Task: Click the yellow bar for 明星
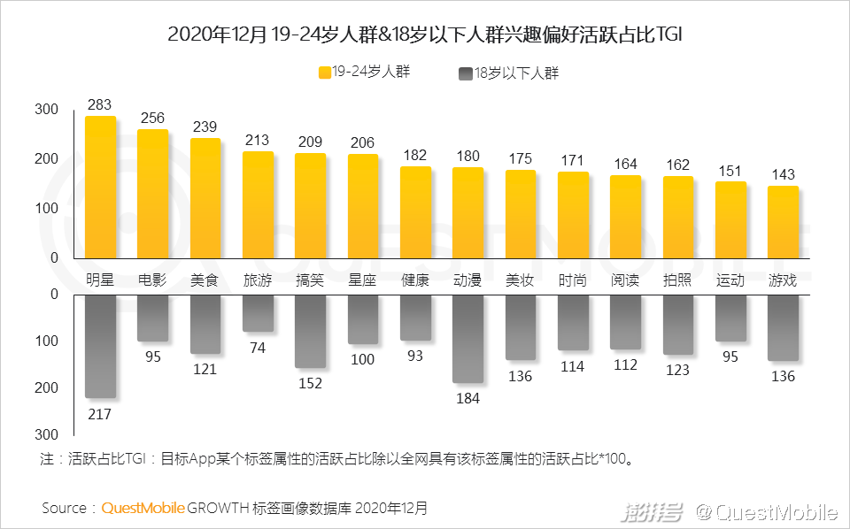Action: [x=100, y=187]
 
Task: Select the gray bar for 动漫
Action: [x=467, y=339]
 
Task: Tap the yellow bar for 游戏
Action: [x=783, y=221]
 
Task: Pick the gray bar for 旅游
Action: [x=258, y=313]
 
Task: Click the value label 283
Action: [x=100, y=105]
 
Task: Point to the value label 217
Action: [x=100, y=413]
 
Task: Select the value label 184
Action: [x=467, y=398]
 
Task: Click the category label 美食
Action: [x=205, y=280]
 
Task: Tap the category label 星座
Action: [x=362, y=280]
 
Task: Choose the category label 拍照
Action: [x=677, y=280]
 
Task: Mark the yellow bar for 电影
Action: [x=152, y=193]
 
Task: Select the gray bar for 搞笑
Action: [x=310, y=331]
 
